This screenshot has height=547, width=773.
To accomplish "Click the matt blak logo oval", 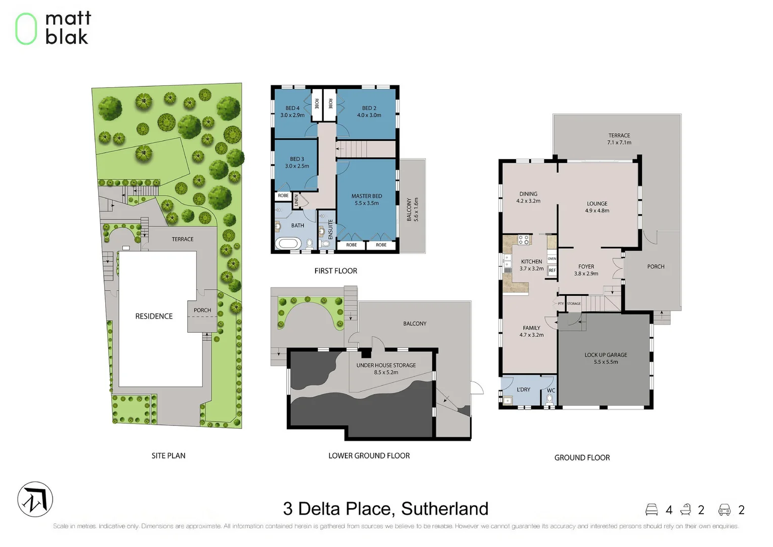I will point(26,29).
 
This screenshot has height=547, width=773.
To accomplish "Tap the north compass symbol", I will point(35,499).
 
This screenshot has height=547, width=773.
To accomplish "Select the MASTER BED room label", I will point(366,196).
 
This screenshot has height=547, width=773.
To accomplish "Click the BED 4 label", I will point(292,108).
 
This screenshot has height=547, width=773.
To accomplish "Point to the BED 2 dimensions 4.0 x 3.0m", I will point(369,115).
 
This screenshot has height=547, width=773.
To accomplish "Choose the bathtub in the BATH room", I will point(287,244).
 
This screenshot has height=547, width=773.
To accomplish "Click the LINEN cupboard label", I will point(297,200).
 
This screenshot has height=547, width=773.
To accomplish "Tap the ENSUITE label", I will point(331,229).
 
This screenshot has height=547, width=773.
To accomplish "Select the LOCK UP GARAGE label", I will point(606,355).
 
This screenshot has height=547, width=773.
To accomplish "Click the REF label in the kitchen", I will point(552,270).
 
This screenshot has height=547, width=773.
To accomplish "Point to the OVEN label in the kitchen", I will point(552,259).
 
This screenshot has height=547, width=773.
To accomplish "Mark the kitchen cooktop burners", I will point(524,240).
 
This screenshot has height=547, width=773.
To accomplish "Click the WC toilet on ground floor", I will point(550,399).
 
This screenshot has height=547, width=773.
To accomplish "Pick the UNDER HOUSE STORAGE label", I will point(386,365).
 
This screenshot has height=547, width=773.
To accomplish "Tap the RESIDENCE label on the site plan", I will point(154,316).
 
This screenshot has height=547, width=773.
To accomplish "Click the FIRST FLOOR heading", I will point(335,271).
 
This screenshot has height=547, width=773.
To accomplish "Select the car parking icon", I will point(724,510).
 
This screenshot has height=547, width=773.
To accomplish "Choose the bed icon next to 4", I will point(652,510).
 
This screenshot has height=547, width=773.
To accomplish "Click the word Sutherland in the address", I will point(445,509).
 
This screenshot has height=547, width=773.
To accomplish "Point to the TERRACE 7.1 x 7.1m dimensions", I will point(619,143).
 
